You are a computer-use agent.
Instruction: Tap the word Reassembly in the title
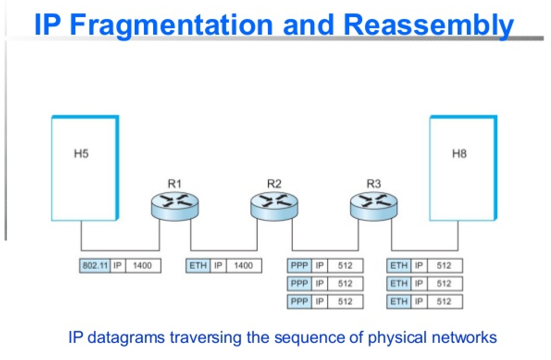(428, 25)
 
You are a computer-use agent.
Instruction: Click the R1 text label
(174, 184)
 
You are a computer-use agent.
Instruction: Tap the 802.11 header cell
(95, 266)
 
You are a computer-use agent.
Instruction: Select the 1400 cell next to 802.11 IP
(142, 266)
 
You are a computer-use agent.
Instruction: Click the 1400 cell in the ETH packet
(243, 266)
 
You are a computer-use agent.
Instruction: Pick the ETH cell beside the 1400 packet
(198, 266)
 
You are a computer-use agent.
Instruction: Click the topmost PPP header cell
(299, 266)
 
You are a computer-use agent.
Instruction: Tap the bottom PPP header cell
(299, 302)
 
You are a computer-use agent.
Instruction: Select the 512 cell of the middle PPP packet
(345, 284)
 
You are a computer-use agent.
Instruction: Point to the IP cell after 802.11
(118, 266)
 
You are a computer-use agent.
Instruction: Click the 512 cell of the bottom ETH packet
(444, 302)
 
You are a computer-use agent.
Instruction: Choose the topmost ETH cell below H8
(399, 266)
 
